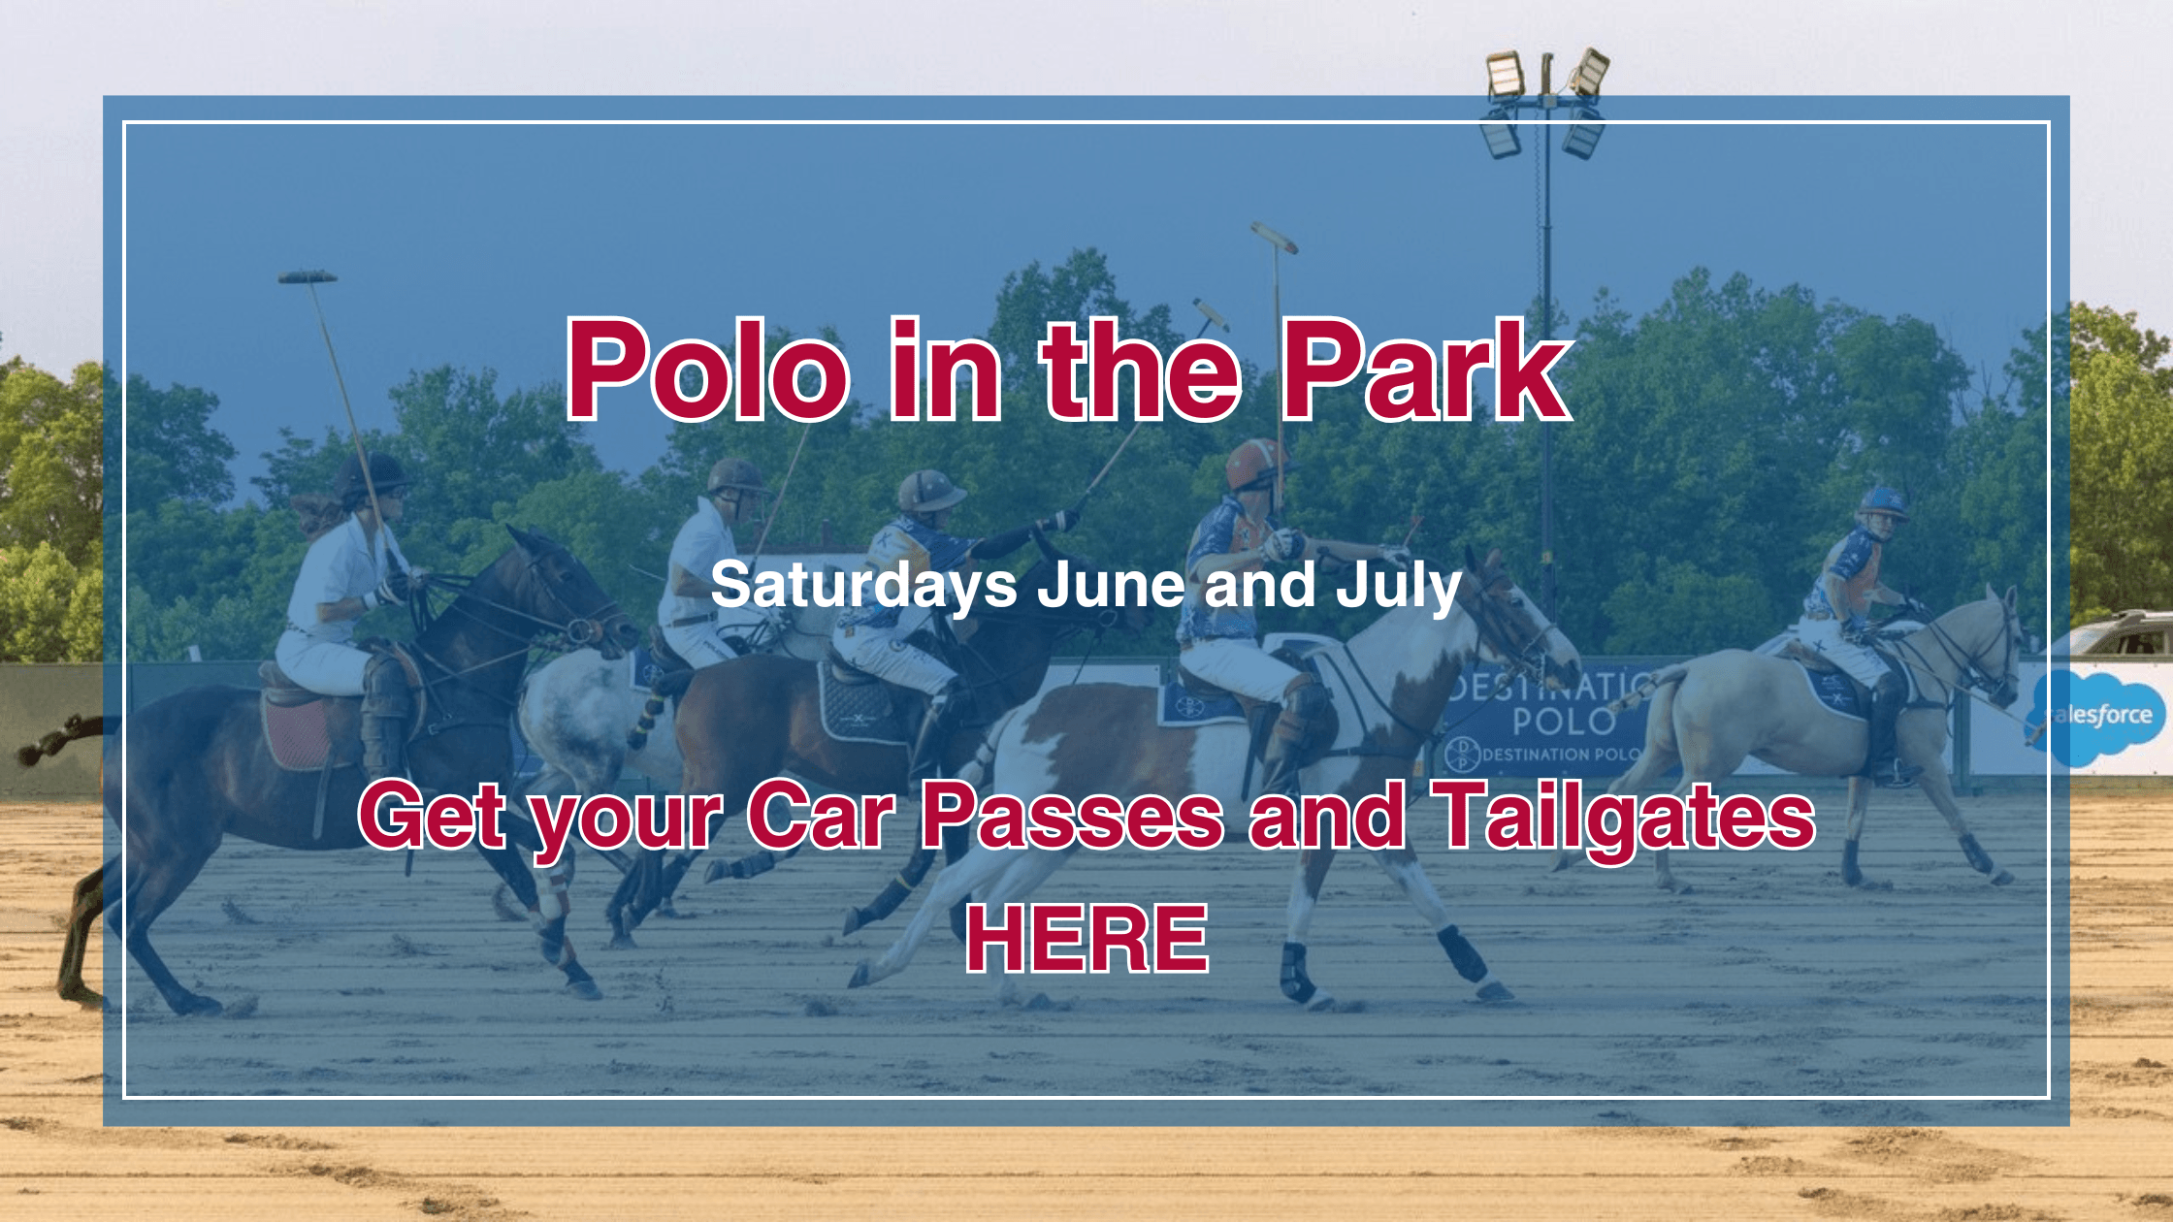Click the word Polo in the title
tap(708, 370)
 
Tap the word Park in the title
tap(1426, 370)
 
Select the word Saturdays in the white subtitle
tap(864, 587)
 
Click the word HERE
tap(1087, 938)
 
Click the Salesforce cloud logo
tap(2097, 716)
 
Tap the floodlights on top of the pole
tap(1547, 102)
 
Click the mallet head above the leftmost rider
tap(308, 277)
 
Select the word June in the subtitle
tap(1112, 587)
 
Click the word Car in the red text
tap(821, 816)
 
